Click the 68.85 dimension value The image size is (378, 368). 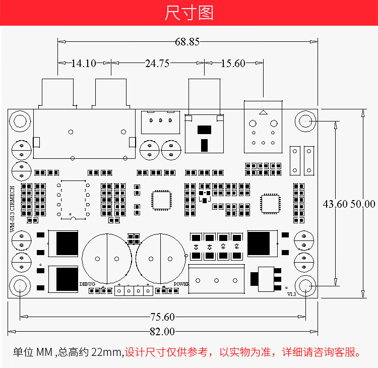click(187, 42)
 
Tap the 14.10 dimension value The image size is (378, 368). click(84, 64)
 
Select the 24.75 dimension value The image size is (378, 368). click(157, 64)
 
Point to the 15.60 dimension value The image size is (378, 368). click(233, 64)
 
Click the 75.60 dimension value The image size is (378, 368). click(162, 317)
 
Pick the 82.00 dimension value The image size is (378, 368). click(162, 332)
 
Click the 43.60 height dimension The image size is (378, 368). click(336, 204)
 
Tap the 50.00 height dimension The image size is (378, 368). click(363, 204)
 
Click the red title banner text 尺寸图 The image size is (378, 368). click(189, 13)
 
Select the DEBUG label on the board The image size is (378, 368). click(87, 284)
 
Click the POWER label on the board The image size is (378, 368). click(181, 284)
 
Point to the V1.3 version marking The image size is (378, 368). click(291, 294)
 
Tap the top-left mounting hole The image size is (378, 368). click(20, 121)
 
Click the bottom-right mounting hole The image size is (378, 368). click(306, 287)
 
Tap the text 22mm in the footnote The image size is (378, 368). click(107, 352)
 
